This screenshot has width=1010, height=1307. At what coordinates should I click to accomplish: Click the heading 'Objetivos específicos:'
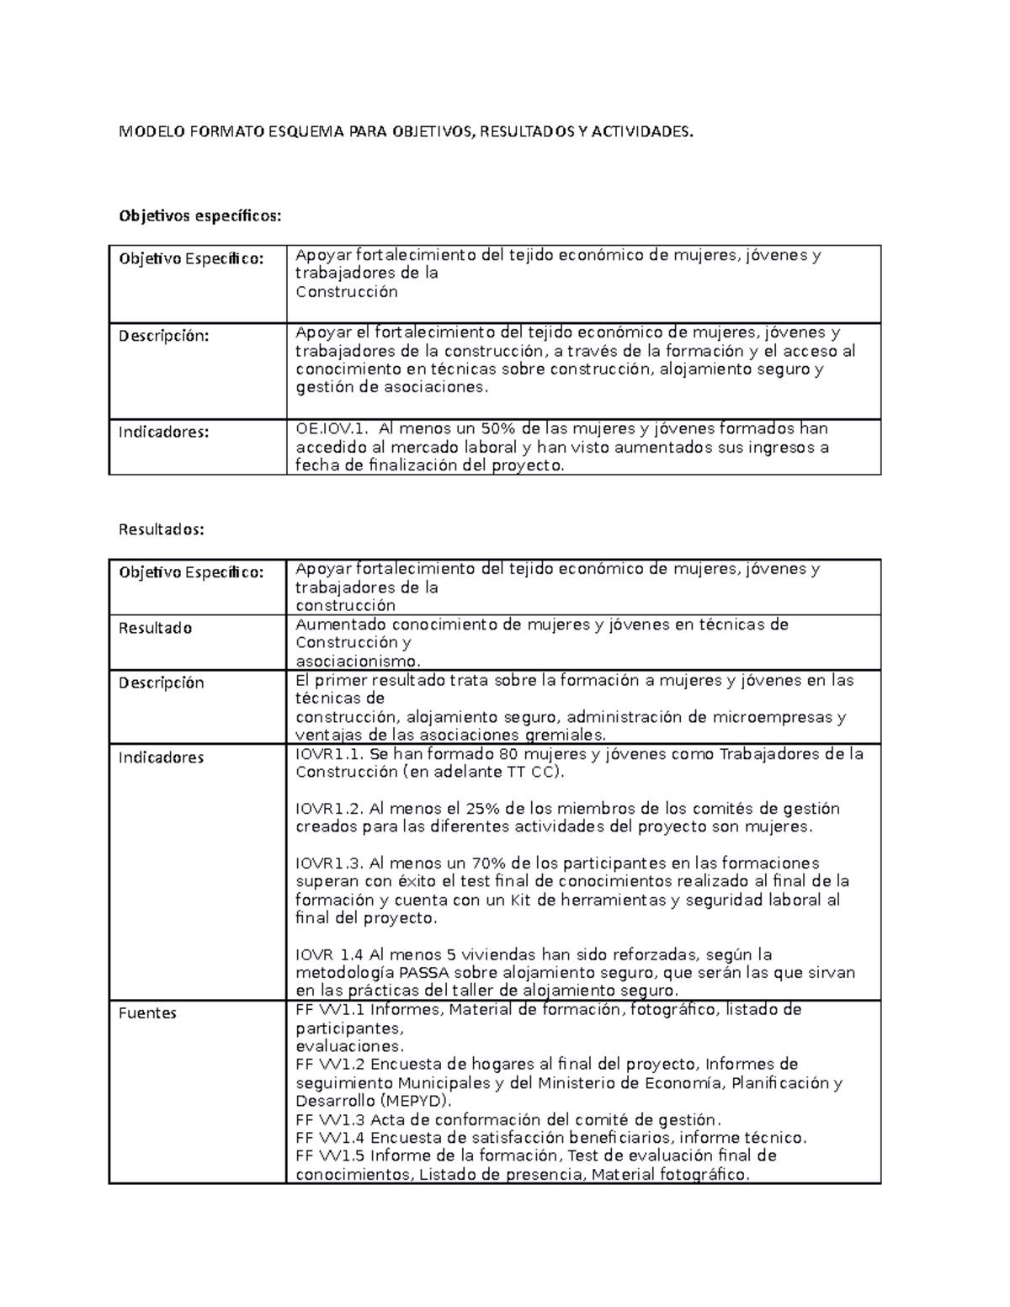pos(199,216)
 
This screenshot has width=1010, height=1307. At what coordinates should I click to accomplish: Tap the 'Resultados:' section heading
pos(162,529)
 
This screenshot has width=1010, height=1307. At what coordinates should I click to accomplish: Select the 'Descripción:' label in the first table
pos(162,336)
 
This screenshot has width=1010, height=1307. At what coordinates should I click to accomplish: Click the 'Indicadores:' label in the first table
pos(163,433)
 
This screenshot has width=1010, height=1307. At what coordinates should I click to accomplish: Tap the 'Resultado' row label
pos(155,629)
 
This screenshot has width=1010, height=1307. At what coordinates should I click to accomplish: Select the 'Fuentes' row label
pos(147,1013)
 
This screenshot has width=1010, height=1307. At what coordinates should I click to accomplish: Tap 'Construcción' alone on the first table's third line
pos(346,292)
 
